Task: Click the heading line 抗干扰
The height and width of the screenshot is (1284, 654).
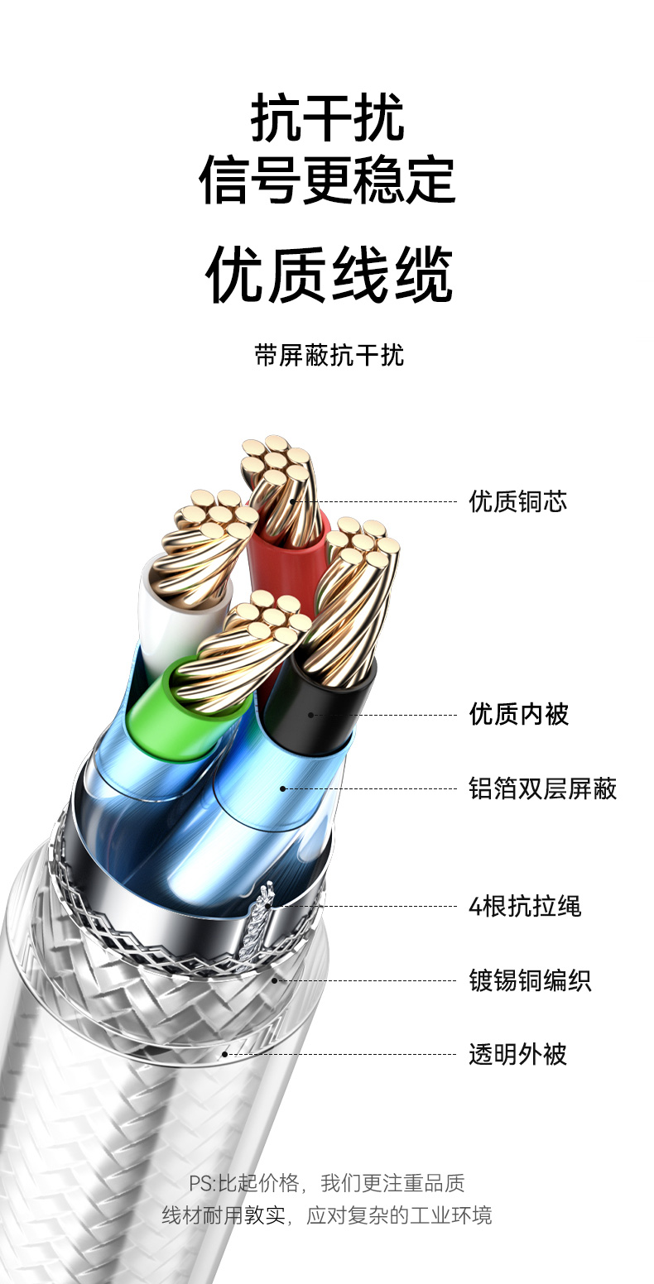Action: [x=327, y=117]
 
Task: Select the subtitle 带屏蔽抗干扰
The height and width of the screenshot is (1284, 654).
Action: [x=329, y=356]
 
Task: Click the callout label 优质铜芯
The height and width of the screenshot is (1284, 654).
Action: [x=518, y=501]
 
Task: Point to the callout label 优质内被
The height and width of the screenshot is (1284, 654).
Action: [x=519, y=714]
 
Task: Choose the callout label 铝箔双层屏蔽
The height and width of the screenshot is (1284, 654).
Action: [x=543, y=788]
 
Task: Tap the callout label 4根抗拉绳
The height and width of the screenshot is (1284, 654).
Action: [x=525, y=906]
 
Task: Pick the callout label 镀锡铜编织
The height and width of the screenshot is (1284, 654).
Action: [x=530, y=981]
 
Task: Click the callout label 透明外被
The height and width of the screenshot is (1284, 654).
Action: [x=518, y=1055]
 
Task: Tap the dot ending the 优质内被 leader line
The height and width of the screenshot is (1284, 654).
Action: [x=311, y=714]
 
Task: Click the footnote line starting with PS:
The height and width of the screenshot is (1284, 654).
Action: [x=327, y=1183]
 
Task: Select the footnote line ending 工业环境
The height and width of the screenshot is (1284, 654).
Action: [x=327, y=1215]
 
